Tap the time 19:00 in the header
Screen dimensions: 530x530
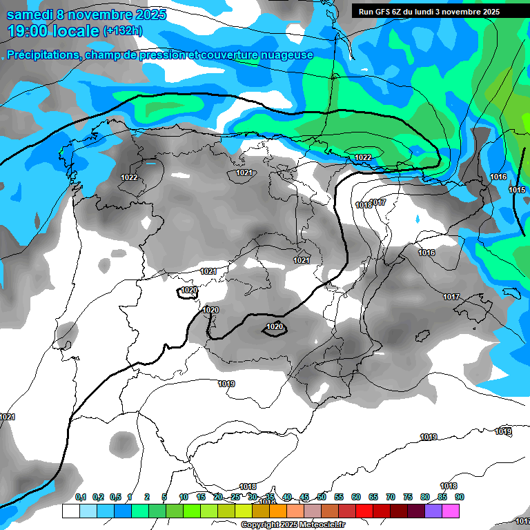[31, 31]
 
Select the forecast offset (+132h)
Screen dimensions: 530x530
[123, 31]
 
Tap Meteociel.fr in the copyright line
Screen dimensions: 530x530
[323, 524]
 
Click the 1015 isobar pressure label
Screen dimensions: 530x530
[517, 190]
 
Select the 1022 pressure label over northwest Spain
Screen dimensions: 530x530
[129, 177]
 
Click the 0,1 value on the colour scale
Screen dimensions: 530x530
[81, 497]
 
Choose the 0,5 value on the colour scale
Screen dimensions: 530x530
[115, 497]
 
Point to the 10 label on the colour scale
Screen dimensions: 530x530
[184, 497]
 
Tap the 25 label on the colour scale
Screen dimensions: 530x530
[235, 497]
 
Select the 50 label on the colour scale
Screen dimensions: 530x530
[322, 497]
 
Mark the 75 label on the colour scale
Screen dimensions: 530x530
[408, 497]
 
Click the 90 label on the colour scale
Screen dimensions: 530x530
[459, 497]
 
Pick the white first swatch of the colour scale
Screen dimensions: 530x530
[70, 511]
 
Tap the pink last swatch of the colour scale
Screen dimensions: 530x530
[451, 511]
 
